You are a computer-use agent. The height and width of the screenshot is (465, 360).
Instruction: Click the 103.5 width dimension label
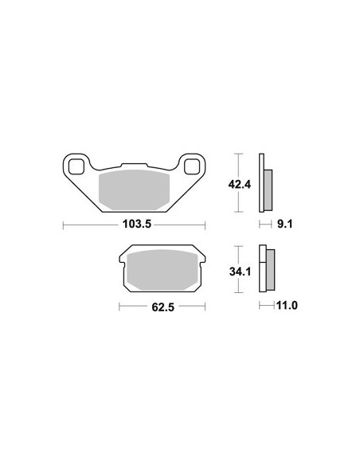click(137, 224)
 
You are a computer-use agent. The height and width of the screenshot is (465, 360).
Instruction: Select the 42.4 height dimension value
click(239, 185)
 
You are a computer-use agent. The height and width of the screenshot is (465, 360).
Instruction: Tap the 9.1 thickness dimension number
click(285, 224)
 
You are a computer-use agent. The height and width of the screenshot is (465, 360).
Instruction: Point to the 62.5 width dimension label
click(162, 307)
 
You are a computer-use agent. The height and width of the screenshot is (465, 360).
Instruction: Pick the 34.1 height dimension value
click(240, 272)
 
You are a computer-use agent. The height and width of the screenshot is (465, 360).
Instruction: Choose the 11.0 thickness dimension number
click(287, 305)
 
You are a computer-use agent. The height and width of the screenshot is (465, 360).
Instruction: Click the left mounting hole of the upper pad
click(76, 166)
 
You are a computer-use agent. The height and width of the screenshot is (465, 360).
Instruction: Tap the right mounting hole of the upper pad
click(192, 166)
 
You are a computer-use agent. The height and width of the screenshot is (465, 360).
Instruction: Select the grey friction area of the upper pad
click(134, 190)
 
